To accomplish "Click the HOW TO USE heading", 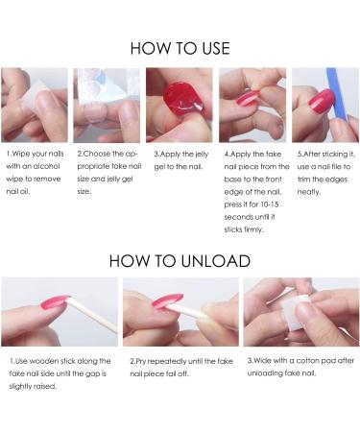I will pos(180,47).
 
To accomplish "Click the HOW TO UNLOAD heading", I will pos(180,260).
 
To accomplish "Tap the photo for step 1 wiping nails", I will pos(35,105).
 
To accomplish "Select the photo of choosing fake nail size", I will pos(107,105).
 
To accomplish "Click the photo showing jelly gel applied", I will pos(179,105).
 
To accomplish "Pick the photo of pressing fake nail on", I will pos(252,105).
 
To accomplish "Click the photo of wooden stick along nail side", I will pos(60,312).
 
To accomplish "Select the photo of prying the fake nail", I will pos(180,312).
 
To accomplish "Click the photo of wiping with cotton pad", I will pos(300,312).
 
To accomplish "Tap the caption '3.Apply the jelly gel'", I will pos(179,157).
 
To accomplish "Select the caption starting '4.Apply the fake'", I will pos(255,182).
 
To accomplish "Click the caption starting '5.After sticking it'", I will pos(325,164).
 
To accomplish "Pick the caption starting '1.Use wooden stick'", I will pos(58,373).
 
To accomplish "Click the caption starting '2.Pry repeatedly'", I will pos(179,367).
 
